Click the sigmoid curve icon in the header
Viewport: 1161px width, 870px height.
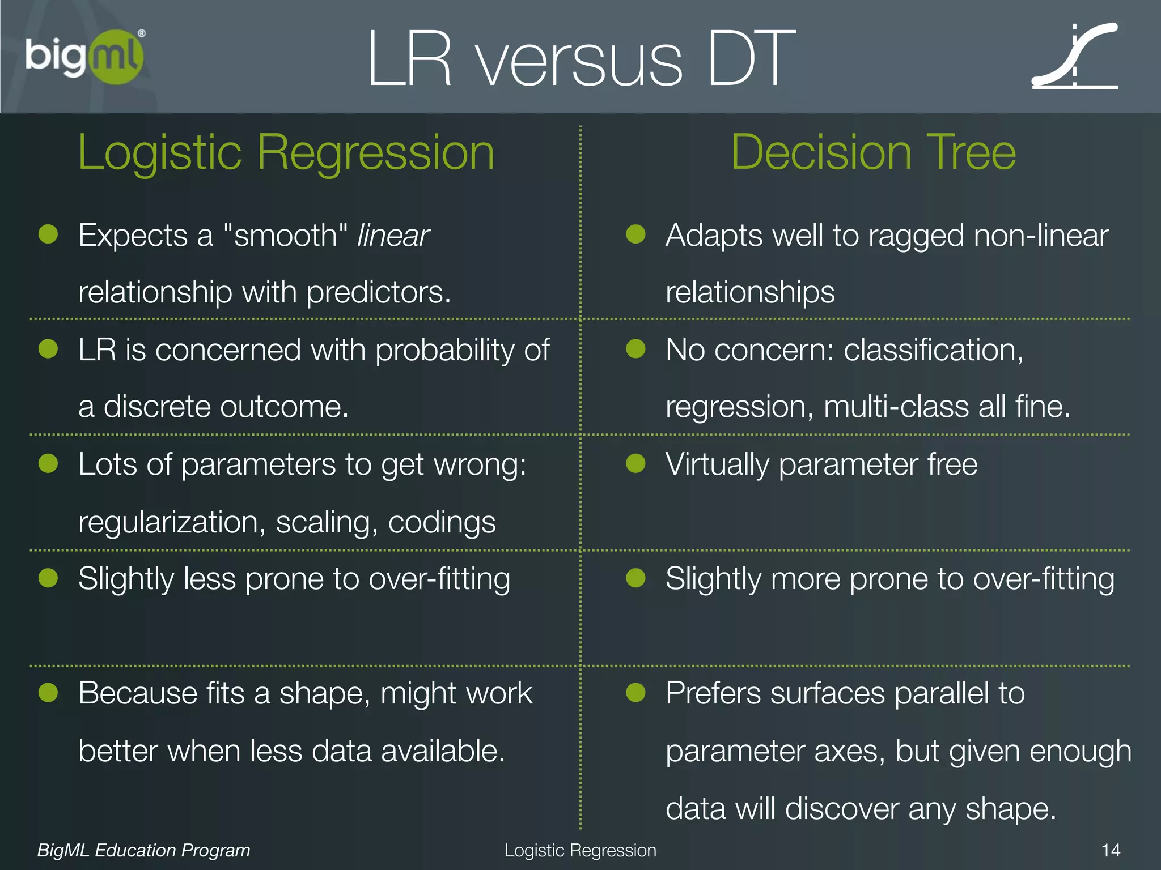point(1075,57)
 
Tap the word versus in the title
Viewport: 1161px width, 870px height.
point(579,60)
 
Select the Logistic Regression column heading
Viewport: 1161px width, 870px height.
point(286,152)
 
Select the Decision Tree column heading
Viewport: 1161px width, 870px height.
point(873,152)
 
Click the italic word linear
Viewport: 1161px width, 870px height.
point(393,236)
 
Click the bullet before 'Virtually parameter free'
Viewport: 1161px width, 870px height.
point(635,463)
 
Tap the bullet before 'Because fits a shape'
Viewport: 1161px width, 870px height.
point(48,692)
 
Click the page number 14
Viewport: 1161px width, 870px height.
point(1111,850)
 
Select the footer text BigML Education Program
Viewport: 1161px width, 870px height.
point(143,850)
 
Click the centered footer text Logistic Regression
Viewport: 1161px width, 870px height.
point(580,850)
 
